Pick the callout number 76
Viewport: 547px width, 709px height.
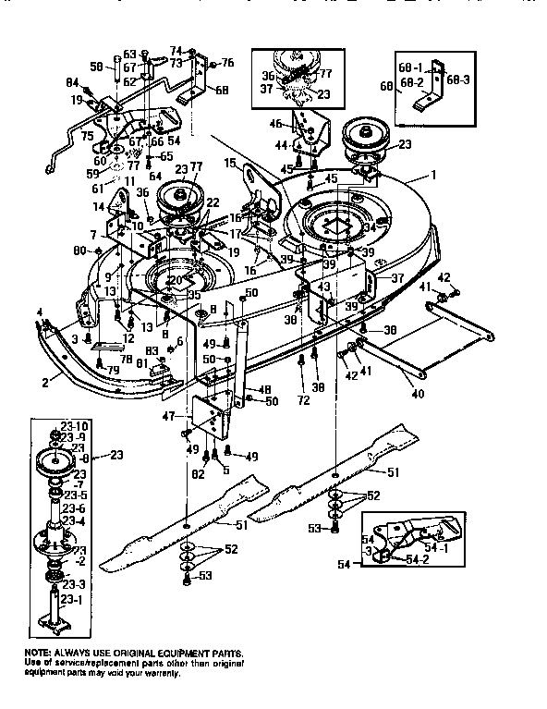tap(228, 63)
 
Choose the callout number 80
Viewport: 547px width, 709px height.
tap(79, 251)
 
